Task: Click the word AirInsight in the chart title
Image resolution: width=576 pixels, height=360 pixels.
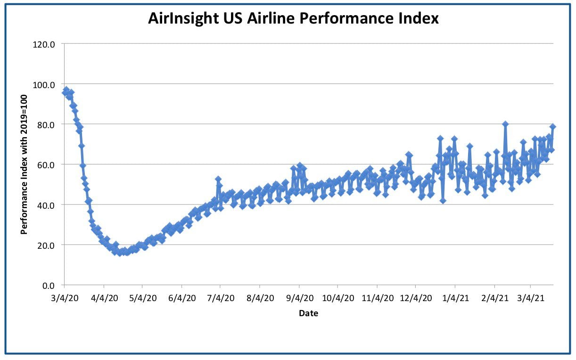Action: tap(183, 18)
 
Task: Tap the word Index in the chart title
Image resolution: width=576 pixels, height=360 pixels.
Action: tap(419, 18)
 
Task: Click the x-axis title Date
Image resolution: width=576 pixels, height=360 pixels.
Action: tap(308, 313)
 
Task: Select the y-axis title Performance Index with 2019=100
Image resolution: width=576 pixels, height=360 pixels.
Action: tap(24, 164)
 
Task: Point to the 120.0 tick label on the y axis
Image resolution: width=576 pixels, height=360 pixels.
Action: tap(44, 44)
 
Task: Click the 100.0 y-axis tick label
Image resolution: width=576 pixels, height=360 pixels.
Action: tap(44, 85)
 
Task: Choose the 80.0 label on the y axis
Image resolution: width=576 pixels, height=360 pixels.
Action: tap(46, 125)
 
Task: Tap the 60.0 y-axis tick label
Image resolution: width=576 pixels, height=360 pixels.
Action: tap(46, 165)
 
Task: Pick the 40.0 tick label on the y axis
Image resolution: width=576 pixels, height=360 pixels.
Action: tap(46, 205)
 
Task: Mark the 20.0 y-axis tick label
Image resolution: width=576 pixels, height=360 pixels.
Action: tap(46, 245)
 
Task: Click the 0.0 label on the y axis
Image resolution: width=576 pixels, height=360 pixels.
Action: tap(49, 286)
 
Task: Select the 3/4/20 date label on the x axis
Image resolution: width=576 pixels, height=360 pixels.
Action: tap(65, 298)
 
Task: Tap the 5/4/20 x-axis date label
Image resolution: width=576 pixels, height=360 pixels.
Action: tap(143, 298)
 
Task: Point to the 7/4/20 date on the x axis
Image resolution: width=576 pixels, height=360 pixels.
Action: tap(221, 298)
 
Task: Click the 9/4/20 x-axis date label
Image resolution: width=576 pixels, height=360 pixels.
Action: tap(300, 298)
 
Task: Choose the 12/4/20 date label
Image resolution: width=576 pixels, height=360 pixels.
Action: tap(416, 298)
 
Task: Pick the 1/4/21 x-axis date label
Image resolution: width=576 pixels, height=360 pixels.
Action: tap(455, 298)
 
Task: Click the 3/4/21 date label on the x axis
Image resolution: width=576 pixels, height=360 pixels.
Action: tap(531, 298)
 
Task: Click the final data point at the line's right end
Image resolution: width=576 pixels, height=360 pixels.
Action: tap(553, 126)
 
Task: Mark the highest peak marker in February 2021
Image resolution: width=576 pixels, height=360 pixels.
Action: tap(505, 124)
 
